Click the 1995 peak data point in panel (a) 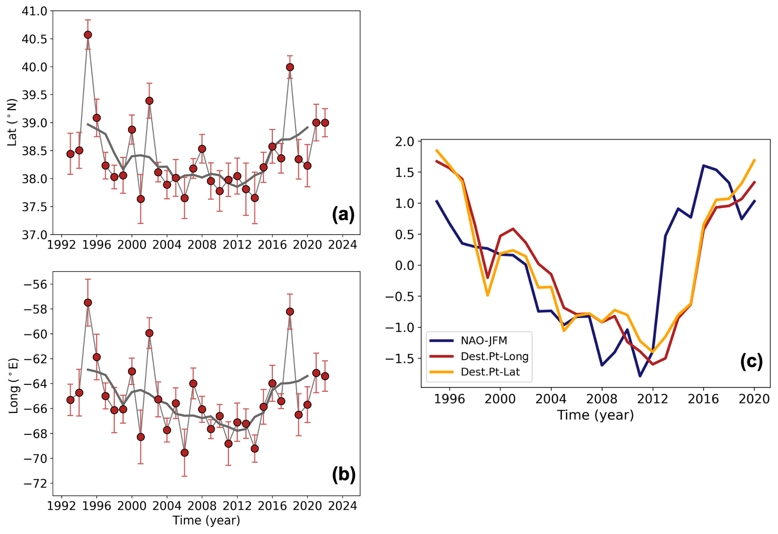88,35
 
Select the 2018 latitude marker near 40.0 290,67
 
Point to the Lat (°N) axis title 12,122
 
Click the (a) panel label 343,214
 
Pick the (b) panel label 343,475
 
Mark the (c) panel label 752,361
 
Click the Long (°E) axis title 13,385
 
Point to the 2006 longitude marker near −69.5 184,452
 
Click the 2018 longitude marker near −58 290,312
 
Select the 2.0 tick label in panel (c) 405,141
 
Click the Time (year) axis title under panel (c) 595,415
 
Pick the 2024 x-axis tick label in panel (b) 342,506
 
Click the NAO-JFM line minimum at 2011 640,376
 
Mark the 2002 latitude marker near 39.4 149,101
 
